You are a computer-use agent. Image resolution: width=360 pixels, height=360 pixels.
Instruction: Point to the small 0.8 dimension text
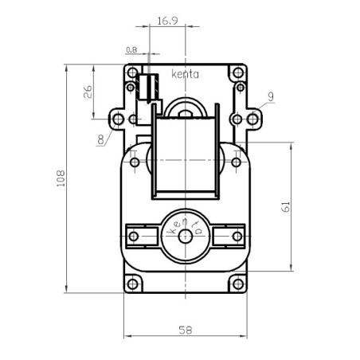131,49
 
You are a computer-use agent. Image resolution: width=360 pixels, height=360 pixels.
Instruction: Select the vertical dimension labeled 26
88,93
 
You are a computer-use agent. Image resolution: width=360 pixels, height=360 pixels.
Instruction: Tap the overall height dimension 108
61,179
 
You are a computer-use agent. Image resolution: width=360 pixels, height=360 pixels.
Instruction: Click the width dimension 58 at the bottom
185,327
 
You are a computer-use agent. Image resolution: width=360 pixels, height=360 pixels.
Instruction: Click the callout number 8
100,140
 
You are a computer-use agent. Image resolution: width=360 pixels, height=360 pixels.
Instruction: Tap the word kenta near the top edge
185,74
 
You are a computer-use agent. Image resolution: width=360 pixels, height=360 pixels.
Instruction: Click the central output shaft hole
186,237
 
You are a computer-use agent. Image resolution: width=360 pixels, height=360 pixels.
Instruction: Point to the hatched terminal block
144,85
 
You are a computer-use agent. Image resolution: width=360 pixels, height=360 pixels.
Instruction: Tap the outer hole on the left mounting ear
118,119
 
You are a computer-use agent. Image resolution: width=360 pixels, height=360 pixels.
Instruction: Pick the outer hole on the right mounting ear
254,119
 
